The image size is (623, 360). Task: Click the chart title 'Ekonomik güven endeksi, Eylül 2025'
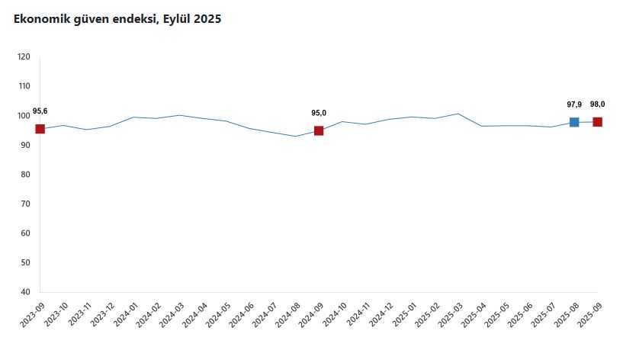coord(117,19)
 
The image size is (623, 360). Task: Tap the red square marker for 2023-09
coord(40,129)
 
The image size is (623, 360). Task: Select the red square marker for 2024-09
coord(319,130)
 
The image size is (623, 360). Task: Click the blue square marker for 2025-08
coord(574,122)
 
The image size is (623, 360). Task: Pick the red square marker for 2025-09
coord(598,122)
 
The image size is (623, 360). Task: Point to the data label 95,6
coord(40,111)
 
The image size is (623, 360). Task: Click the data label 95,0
coord(319,113)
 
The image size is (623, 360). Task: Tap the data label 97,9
coord(574,104)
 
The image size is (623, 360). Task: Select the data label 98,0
coord(598,104)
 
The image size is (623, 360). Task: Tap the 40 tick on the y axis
coord(25,292)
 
